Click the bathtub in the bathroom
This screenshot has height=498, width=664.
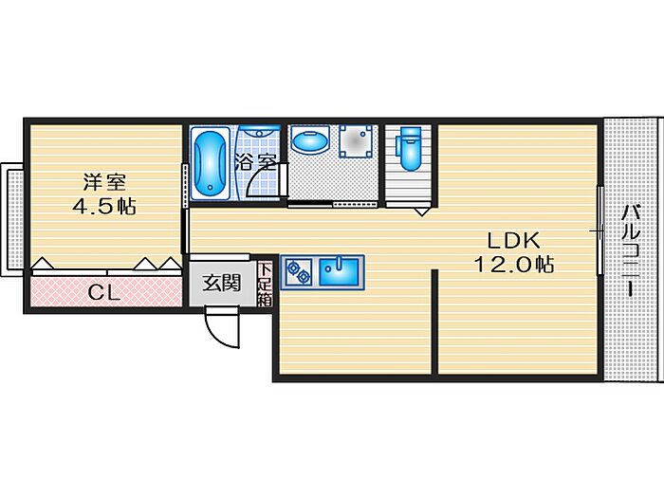(209, 164)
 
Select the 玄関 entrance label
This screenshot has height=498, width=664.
(222, 282)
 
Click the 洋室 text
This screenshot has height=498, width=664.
(103, 180)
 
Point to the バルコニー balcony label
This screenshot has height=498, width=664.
(629, 251)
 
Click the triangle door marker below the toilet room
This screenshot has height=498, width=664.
(421, 212)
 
